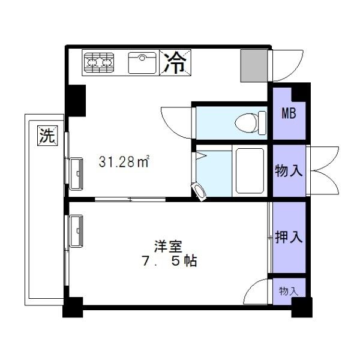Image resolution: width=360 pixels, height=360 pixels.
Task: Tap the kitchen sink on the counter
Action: point(143,62)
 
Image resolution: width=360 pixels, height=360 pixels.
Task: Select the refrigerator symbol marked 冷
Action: point(175,62)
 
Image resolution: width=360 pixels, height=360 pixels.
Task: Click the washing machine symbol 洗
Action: point(47,136)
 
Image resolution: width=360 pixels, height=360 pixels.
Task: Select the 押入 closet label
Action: point(289,238)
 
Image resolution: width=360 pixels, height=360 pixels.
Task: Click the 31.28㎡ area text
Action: point(124,162)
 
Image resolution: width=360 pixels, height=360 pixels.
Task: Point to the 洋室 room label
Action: point(168,246)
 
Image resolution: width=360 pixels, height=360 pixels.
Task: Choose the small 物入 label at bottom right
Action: point(289,291)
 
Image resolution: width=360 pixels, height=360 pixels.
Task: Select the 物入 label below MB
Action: point(289,171)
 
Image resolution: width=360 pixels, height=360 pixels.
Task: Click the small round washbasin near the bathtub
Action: point(200,190)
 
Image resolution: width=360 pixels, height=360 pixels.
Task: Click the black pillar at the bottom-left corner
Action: point(71,308)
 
